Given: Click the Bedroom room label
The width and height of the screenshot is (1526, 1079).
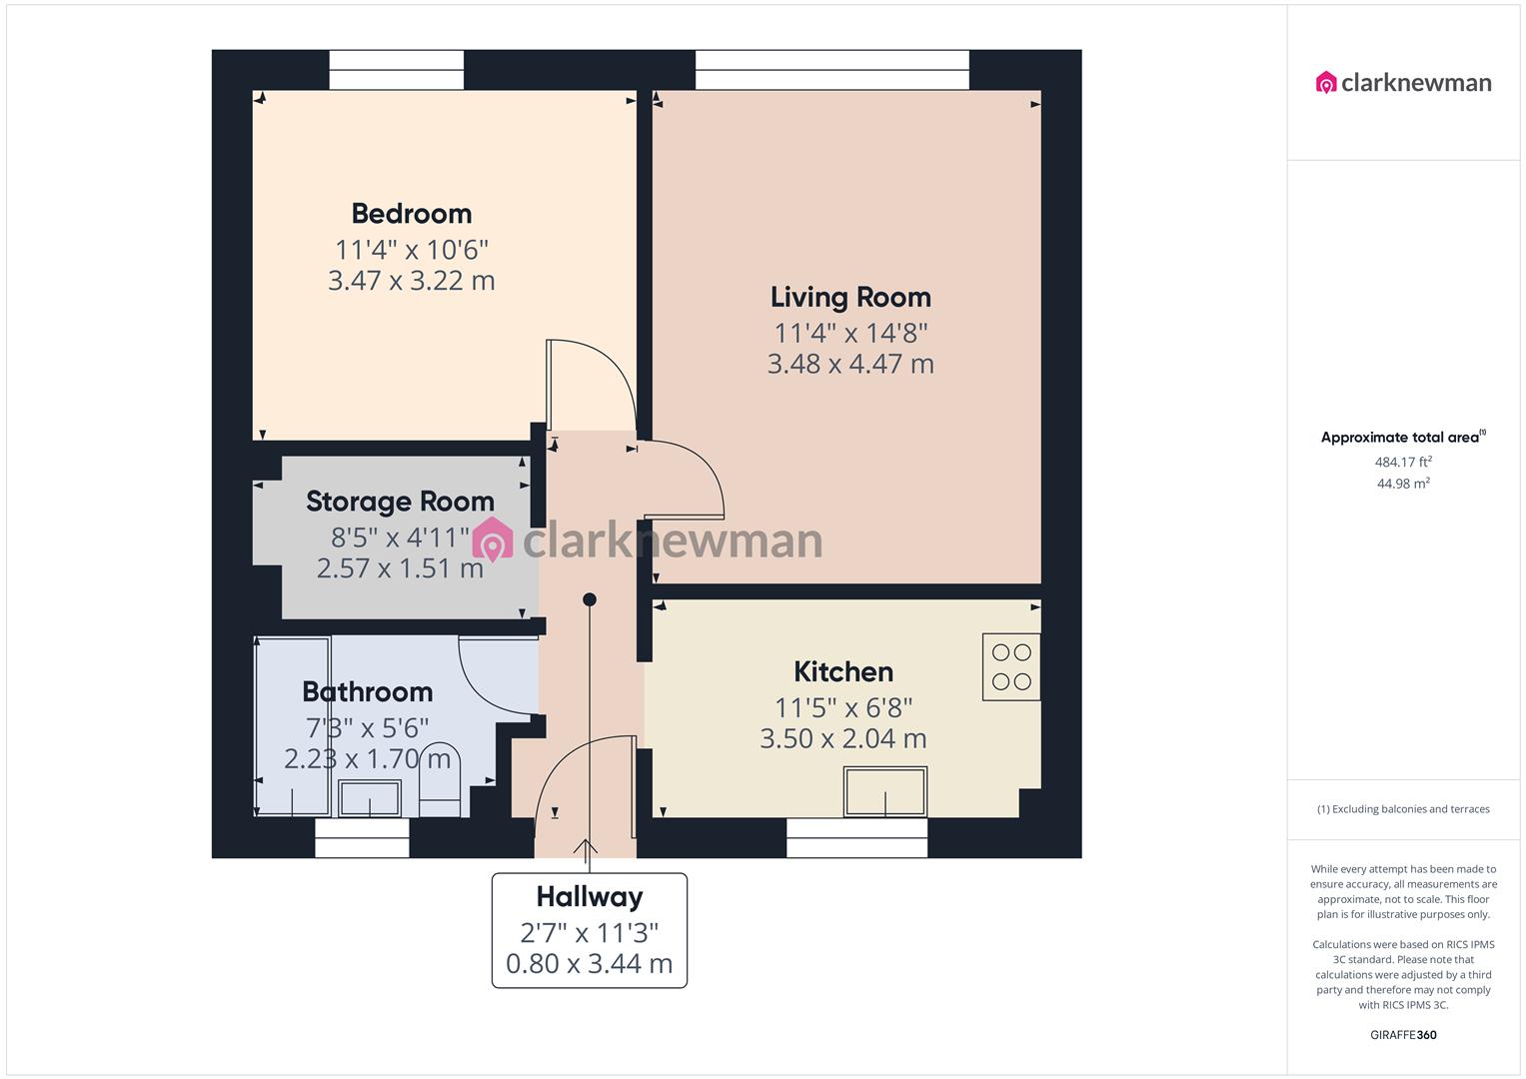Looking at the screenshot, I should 411,214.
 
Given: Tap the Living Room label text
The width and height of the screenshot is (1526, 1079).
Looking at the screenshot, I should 850,298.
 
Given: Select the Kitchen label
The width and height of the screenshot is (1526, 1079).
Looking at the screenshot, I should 842,672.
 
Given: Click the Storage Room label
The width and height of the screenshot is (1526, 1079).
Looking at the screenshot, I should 400,502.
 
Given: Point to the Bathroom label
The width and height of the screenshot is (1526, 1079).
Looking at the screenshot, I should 367,692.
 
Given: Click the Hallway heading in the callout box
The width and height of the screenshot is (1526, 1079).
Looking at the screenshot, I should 589,897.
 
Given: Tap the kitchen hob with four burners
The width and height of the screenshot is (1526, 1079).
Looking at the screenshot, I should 1010,666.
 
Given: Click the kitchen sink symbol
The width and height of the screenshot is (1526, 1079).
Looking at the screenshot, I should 885,790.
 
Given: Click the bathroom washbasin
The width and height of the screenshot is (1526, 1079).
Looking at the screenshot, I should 370,798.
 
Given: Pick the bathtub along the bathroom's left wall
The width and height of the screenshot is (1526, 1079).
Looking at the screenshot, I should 293,727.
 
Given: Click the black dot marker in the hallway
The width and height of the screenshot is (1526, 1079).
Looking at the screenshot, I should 590,599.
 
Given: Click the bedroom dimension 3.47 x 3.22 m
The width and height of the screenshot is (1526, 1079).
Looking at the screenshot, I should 411,281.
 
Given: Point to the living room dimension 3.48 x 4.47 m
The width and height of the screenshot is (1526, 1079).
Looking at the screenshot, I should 850,365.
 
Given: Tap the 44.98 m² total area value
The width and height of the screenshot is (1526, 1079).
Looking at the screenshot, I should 1403,484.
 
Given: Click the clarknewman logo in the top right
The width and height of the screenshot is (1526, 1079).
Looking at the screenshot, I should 1403,82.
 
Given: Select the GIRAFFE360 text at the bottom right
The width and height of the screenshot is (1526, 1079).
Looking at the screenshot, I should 1403,1035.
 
